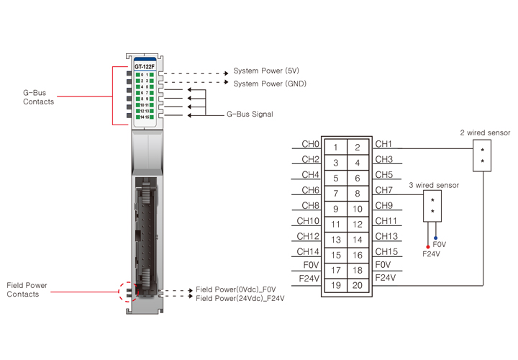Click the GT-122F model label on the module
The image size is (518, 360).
pyautogui.click(x=145, y=66)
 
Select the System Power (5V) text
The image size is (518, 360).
pyautogui.click(x=266, y=71)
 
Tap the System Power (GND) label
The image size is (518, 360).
pyautogui.click(x=270, y=84)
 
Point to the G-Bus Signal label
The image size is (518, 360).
pyautogui.click(x=250, y=114)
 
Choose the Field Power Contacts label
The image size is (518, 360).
pyautogui.click(x=27, y=290)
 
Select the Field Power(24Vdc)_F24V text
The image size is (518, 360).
pyautogui.click(x=240, y=298)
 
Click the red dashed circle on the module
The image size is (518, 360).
pyautogui.click(x=127, y=293)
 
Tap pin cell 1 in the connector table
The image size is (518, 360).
pyautogui.click(x=335, y=148)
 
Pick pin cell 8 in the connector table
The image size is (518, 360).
pyautogui.click(x=358, y=194)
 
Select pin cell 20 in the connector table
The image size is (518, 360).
pyautogui.click(x=358, y=286)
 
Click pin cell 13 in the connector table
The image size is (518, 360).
pyautogui.click(x=335, y=240)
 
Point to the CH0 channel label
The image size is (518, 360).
pyautogui.click(x=311, y=144)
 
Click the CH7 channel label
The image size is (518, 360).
pyautogui.click(x=384, y=190)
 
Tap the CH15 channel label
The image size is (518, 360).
pyautogui.click(x=386, y=251)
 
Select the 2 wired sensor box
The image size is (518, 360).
pyautogui.click(x=482, y=156)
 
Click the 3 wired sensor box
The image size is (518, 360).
pyautogui.click(x=432, y=206)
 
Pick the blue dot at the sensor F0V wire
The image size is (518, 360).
pyautogui.click(x=435, y=237)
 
